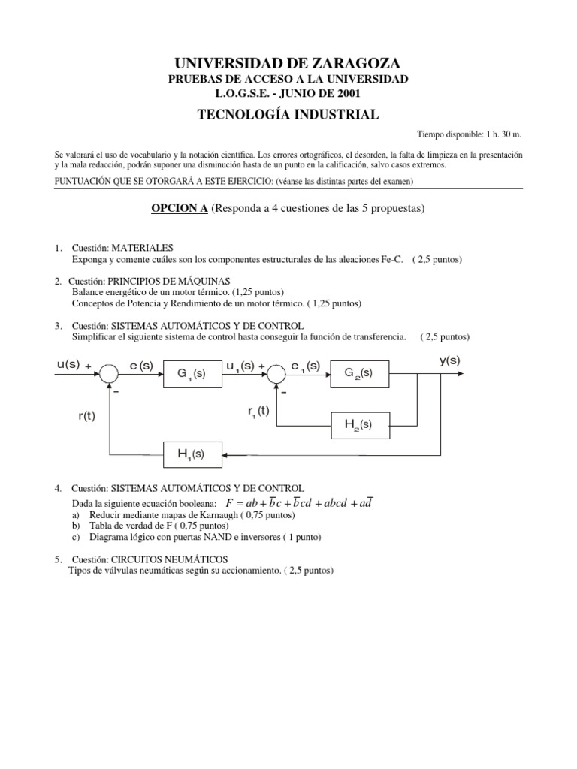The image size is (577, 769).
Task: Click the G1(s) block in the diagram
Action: point(191,372)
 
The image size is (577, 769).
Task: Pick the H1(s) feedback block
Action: point(191,454)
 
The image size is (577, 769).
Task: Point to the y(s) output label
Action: point(449,360)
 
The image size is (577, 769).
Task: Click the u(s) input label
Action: point(68,364)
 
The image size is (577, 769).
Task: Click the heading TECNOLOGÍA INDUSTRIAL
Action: point(288,114)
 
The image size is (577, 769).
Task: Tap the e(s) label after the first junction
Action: point(140,365)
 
